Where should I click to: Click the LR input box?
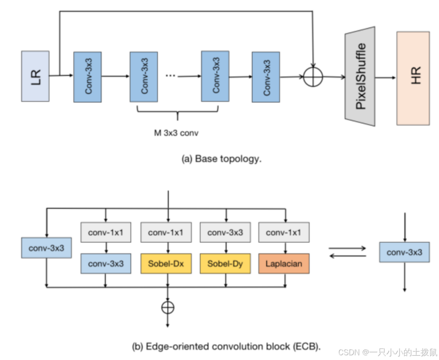[x=35, y=76]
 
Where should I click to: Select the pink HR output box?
[x=413, y=78]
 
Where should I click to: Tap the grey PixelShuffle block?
[x=360, y=76]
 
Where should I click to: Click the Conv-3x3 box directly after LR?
[x=87, y=77]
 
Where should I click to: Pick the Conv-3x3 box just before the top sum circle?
[x=266, y=77]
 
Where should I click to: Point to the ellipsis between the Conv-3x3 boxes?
[x=170, y=75]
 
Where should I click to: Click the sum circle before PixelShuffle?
[x=313, y=77]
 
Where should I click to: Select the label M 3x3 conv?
[x=177, y=133]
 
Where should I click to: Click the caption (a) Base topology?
[x=222, y=159]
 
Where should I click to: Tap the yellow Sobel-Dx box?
[x=165, y=264]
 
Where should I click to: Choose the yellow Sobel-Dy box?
[x=225, y=264]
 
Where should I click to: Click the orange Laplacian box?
[x=283, y=264]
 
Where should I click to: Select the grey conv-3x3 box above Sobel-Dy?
[x=225, y=233]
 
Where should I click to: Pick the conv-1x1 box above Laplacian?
[x=283, y=233]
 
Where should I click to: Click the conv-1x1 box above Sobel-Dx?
[x=165, y=233]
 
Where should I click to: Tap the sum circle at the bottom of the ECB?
[x=168, y=307]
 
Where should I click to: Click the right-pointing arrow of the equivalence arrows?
[x=347, y=248]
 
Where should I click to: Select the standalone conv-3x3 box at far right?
[x=404, y=252]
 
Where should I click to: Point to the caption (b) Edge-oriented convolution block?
[x=226, y=345]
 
